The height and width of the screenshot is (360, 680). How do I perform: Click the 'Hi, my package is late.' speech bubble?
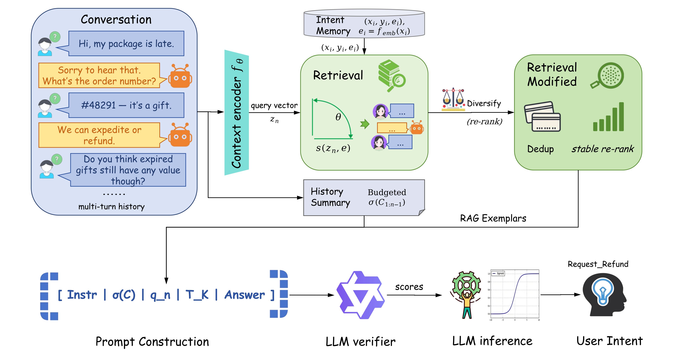pyautogui.click(x=126, y=43)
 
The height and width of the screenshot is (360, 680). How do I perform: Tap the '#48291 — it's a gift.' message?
pyautogui.click(x=126, y=105)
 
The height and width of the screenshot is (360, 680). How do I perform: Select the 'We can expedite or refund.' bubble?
pyautogui.click(x=99, y=135)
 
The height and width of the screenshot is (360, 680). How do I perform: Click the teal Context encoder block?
pyautogui.click(x=236, y=113)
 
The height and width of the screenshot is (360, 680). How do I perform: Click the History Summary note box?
pyautogui.click(x=364, y=197)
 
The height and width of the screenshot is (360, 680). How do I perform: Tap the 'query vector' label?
pyautogui.click(x=274, y=106)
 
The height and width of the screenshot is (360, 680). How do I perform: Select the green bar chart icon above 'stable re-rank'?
pyautogui.click(x=609, y=117)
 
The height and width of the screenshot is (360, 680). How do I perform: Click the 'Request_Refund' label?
pyautogui.click(x=598, y=264)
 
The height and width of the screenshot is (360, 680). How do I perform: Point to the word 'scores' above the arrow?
pyautogui.click(x=409, y=287)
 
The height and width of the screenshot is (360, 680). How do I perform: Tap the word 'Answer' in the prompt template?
pyautogui.click(x=244, y=295)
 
